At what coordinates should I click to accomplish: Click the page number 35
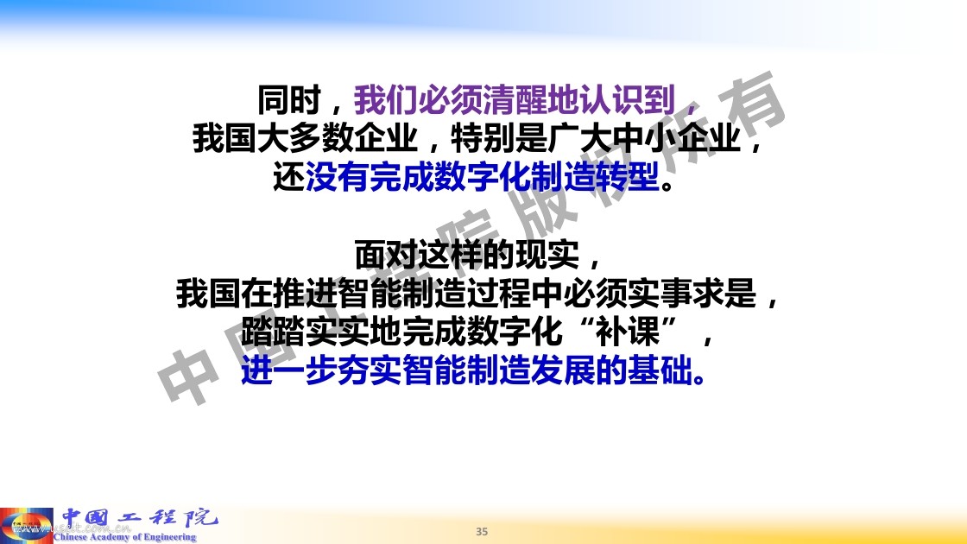(x=482, y=531)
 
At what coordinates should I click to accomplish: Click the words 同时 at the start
(x=289, y=100)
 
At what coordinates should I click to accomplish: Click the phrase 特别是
(x=499, y=138)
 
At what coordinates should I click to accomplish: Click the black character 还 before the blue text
(x=289, y=178)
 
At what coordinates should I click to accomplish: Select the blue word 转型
(x=628, y=178)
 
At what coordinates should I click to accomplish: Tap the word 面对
(x=386, y=254)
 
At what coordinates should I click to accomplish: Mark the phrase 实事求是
(x=692, y=294)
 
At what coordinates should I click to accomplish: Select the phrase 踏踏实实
(x=305, y=332)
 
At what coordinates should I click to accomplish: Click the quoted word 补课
(x=628, y=332)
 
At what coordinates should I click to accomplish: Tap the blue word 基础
(x=660, y=371)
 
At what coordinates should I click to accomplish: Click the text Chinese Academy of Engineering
(x=124, y=537)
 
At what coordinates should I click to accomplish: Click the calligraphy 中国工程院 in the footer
(x=140, y=518)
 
